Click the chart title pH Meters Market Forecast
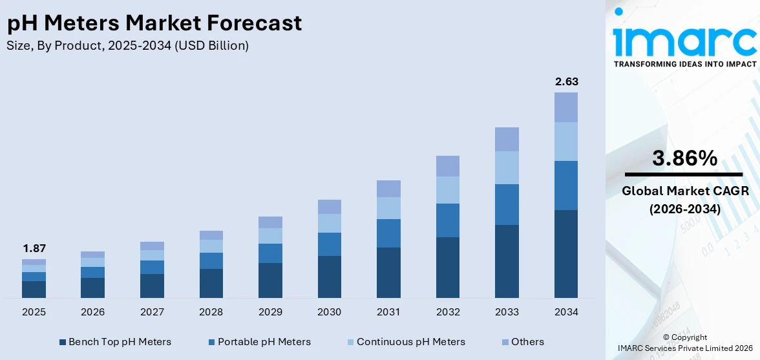coord(154,23)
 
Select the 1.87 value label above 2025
coord(34,248)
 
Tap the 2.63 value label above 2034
coord(566,81)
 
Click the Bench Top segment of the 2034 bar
coord(566,253)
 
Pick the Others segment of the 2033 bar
coord(507,139)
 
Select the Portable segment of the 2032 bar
coord(448,220)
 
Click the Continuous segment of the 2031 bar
coord(388,208)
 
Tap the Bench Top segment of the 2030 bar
coord(330,277)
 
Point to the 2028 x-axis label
coord(211,312)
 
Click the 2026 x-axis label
coord(93,312)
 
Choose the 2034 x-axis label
coord(566,312)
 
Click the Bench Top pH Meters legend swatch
coord(63,342)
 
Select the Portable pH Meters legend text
coord(264,342)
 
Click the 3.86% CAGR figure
coord(684,158)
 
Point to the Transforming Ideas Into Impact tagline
coord(684,64)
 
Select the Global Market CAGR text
coord(684,191)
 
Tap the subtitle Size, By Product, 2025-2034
coord(127,45)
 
